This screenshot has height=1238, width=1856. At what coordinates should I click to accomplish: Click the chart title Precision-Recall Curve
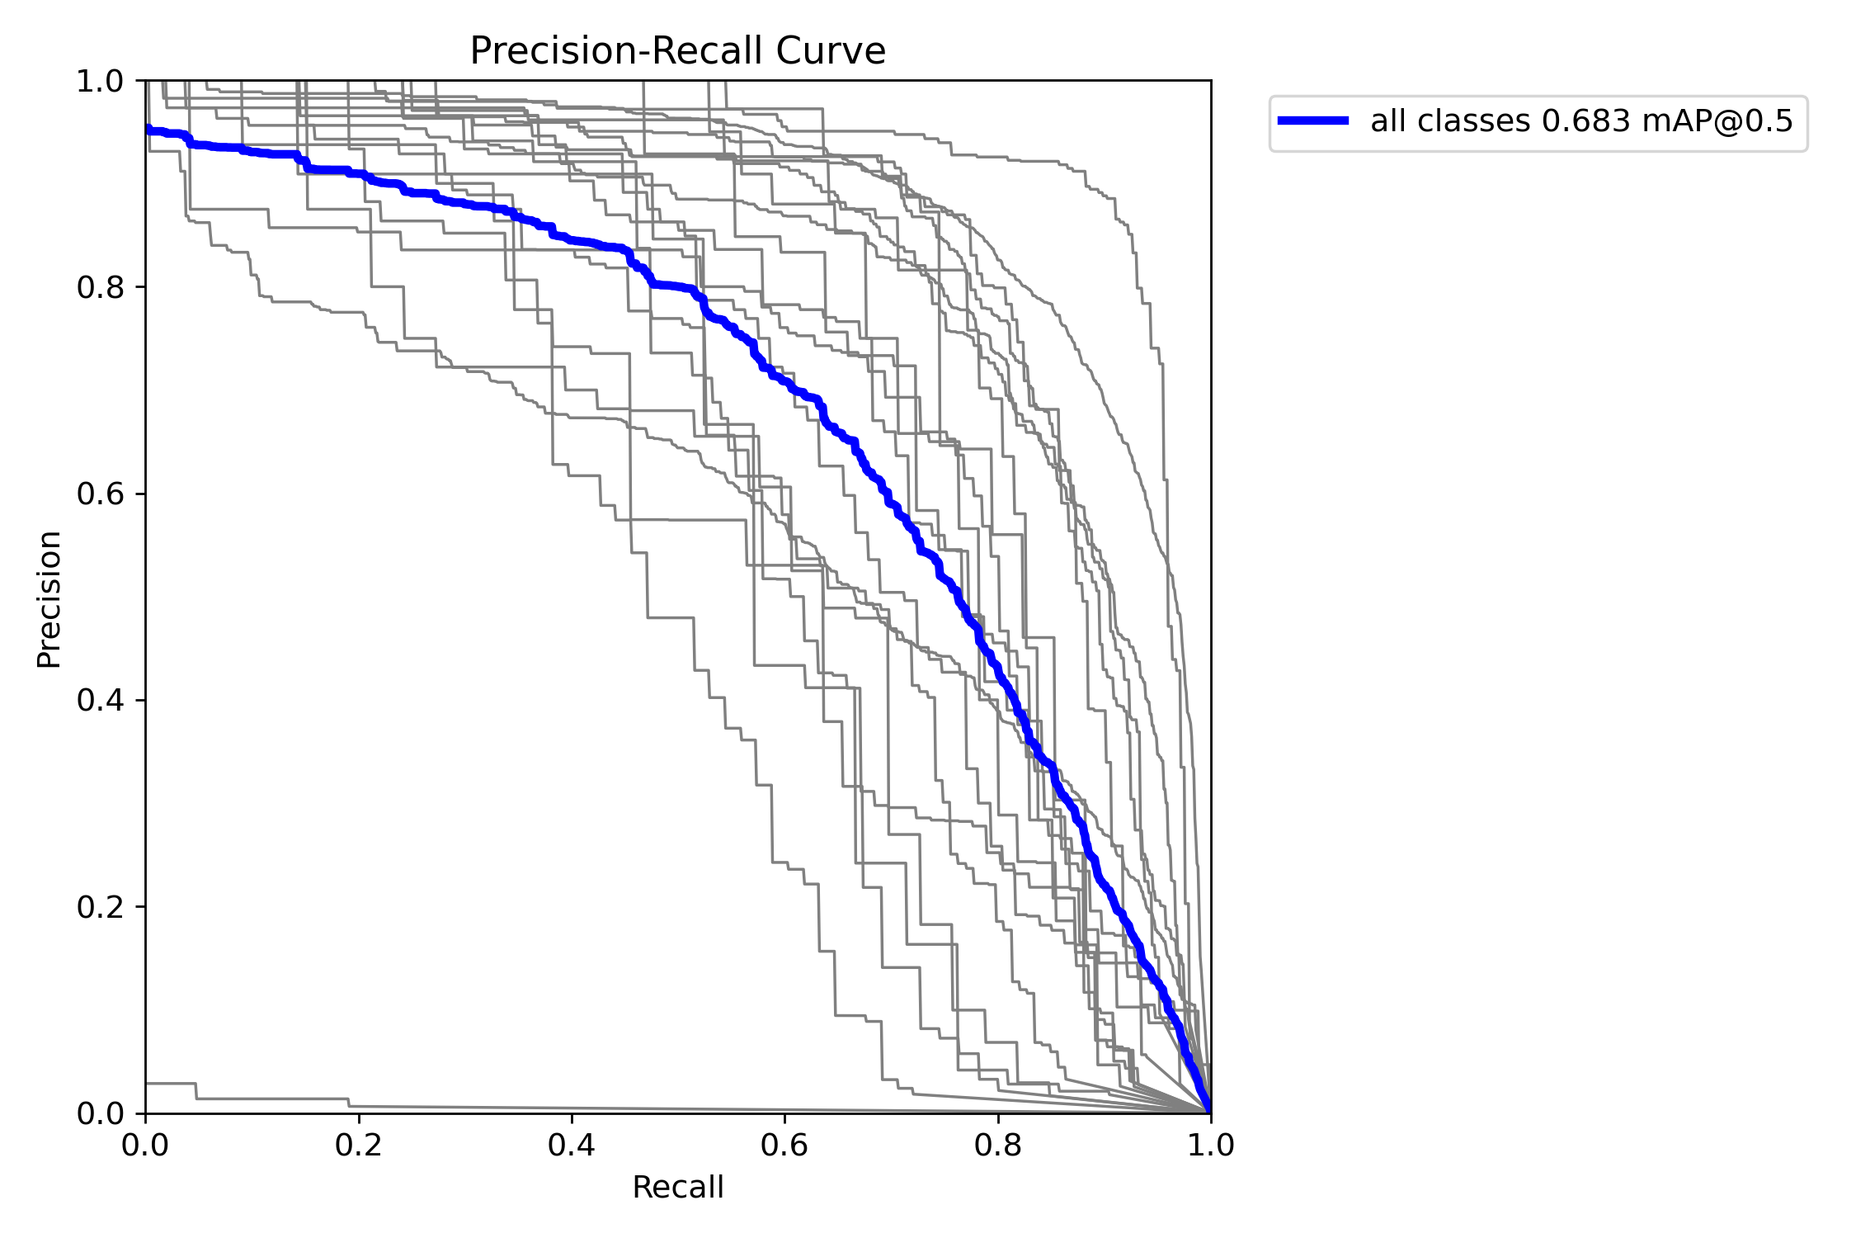coord(677,51)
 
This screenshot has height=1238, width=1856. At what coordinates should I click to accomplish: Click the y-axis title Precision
coord(49,599)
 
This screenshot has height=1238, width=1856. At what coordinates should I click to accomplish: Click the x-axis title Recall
coord(677,1188)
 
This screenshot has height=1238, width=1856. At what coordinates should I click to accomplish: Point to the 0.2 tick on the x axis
coord(359,1145)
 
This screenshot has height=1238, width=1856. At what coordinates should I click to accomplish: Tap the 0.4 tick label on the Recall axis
coord(572,1145)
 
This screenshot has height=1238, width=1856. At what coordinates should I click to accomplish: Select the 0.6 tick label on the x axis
coord(784,1145)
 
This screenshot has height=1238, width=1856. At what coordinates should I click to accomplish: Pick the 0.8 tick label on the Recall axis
coord(997,1145)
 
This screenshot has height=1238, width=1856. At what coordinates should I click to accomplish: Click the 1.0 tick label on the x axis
coord(1210,1145)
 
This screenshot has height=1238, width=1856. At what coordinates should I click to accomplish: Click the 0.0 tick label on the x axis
coord(146,1145)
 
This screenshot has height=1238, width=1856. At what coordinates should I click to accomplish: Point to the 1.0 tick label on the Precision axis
coord(99,82)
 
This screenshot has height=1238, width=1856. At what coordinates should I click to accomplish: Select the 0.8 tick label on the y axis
coord(99,288)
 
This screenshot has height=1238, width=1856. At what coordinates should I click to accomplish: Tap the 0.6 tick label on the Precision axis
coord(99,494)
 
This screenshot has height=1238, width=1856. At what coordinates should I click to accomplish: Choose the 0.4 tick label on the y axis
coord(99,701)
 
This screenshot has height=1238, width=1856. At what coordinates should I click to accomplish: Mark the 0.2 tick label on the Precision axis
coord(99,907)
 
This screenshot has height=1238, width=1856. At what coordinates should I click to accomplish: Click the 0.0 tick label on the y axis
coord(99,1113)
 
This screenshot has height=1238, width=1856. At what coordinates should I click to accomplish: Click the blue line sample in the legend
coord(1313,120)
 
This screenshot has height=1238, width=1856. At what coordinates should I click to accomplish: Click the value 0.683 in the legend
coord(1585,121)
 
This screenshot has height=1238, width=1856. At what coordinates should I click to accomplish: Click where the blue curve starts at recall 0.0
coord(147,130)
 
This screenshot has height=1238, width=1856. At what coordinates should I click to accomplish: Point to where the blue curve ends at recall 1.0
coord(1210,1112)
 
